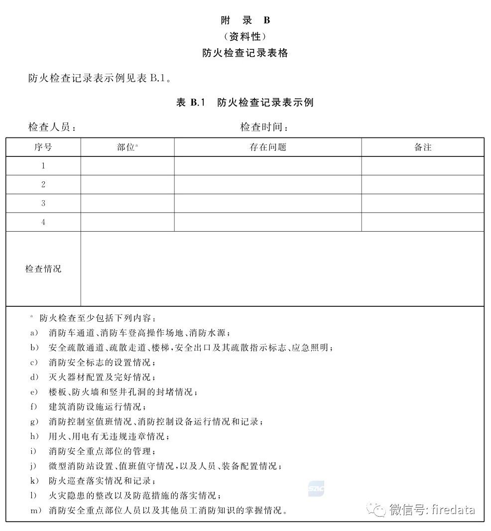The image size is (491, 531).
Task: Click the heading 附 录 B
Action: click(x=245, y=20)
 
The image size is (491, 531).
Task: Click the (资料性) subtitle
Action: click(x=245, y=36)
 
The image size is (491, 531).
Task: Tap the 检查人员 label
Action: click(x=52, y=127)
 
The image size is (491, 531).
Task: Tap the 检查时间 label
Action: click(x=264, y=127)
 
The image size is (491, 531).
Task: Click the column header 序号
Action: click(x=43, y=147)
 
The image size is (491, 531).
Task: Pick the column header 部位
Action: click(x=127, y=147)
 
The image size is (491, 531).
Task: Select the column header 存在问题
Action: click(x=267, y=147)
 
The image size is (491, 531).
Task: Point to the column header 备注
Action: click(x=422, y=147)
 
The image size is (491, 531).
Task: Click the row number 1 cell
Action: click(x=43, y=166)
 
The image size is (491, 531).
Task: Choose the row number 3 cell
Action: click(x=43, y=203)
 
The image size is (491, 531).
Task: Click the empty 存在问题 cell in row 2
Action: click(x=267, y=184)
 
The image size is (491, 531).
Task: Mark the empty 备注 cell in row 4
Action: click(x=422, y=222)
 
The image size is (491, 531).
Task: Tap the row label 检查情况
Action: click(x=43, y=269)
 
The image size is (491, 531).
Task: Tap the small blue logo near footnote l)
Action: click(x=316, y=489)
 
